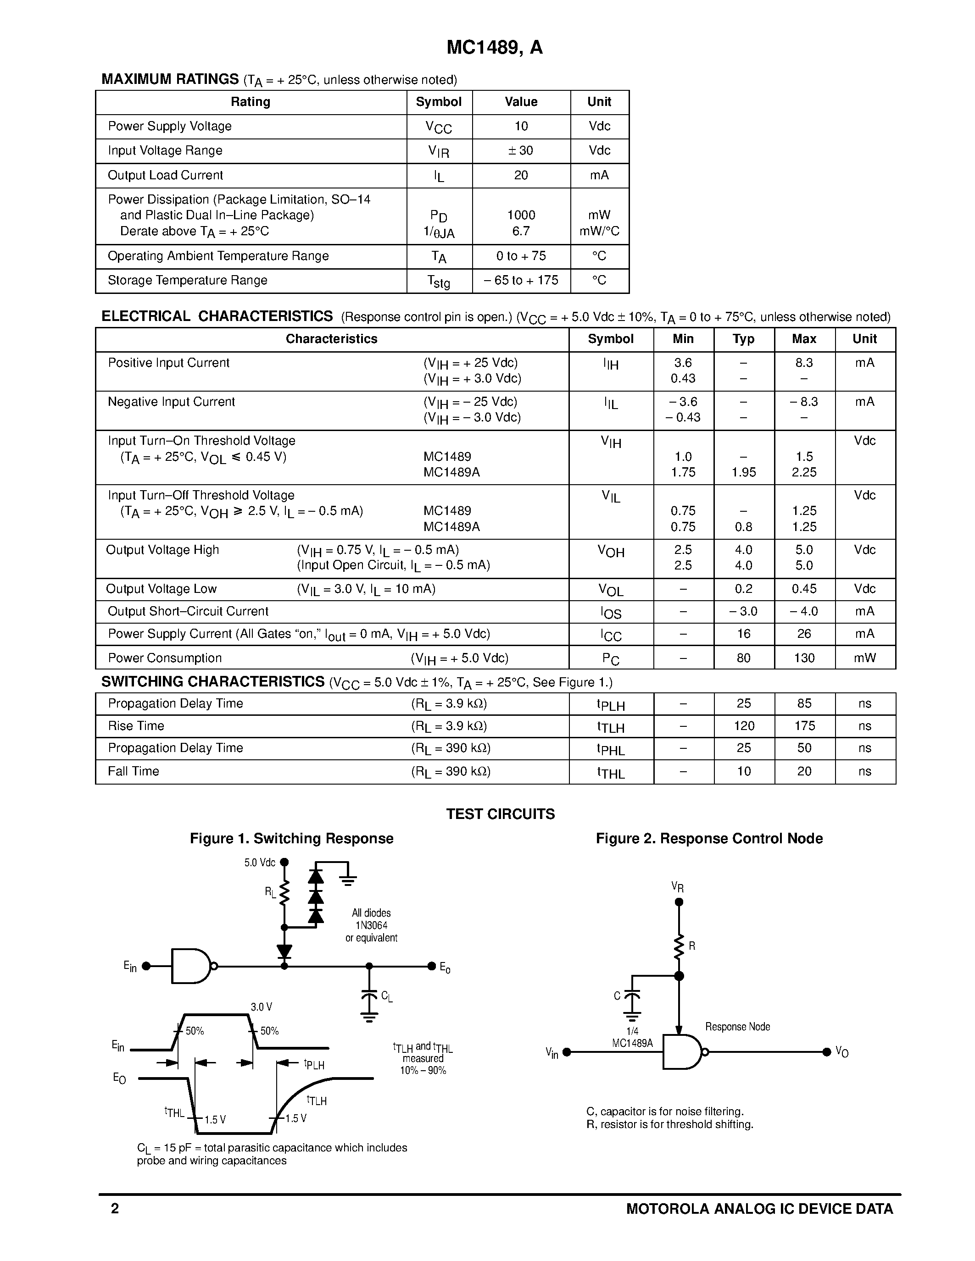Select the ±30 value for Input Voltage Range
[x=521, y=151]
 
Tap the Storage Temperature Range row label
[x=187, y=281]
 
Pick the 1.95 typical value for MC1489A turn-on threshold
[x=743, y=472]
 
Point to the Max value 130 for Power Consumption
[x=804, y=658]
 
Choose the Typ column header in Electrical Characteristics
[x=743, y=339]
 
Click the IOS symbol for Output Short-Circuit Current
[x=611, y=613]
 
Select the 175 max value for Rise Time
[x=804, y=726]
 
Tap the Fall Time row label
[x=134, y=771]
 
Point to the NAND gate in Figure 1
[x=192, y=966]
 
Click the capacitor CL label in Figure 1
[x=386, y=996]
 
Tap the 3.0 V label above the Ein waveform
[x=261, y=1007]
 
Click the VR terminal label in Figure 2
[x=678, y=887]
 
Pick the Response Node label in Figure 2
[x=737, y=1027]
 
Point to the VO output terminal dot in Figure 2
[x=826, y=1052]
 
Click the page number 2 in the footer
[x=115, y=1208]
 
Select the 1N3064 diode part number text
[x=371, y=925]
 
